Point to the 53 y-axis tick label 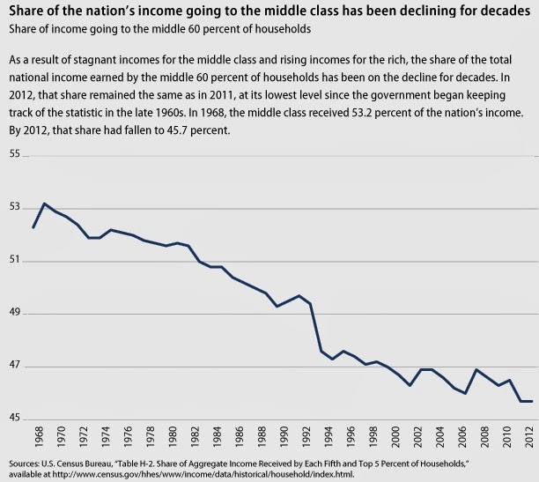point(14,208)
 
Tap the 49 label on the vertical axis point(14,314)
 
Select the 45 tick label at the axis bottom point(14,419)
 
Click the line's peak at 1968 point(45,204)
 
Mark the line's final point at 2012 point(529,401)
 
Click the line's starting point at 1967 point(33,227)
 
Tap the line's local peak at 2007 point(476,369)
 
